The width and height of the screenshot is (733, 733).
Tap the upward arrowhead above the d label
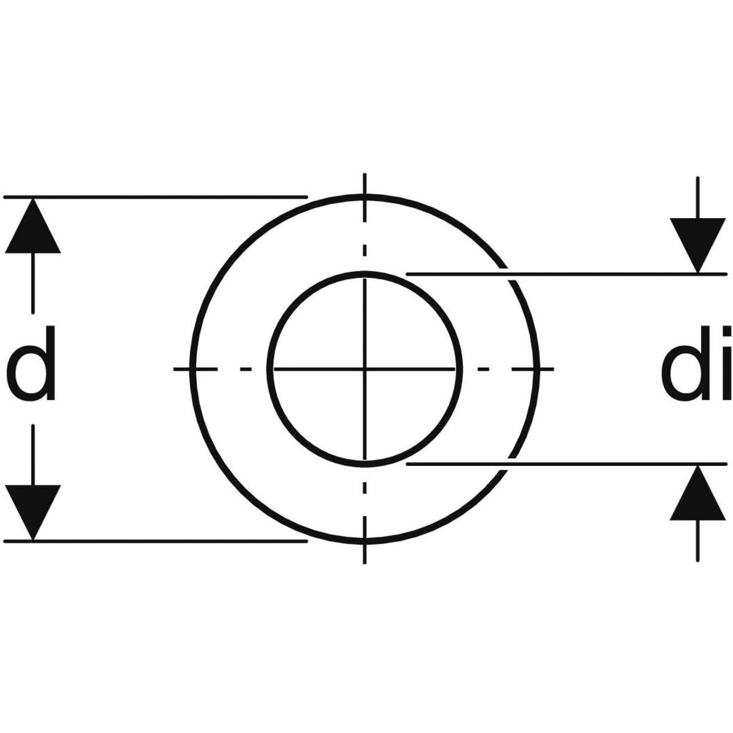click(33, 225)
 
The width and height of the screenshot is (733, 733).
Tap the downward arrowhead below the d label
click(33, 512)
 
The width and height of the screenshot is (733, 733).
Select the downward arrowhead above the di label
click(697, 246)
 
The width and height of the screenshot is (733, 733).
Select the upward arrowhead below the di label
click(697, 492)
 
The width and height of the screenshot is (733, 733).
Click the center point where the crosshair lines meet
click(365, 368)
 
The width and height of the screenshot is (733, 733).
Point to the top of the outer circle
click(365, 196)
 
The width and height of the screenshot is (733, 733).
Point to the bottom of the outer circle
click(365, 541)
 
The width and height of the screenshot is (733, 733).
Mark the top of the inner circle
click(365, 274)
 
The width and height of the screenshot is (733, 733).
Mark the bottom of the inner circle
click(365, 464)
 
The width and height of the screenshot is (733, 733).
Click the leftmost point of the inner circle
click(270, 368)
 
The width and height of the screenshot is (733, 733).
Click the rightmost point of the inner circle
click(460, 368)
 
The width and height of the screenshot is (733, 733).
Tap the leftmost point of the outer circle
click(192, 368)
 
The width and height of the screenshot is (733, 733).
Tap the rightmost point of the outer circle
click(537, 368)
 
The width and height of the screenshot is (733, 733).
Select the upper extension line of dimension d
click(155, 197)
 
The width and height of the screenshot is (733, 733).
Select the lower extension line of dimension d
click(155, 541)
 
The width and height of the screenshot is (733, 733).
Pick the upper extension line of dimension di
click(566, 274)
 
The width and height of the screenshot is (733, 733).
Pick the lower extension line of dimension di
click(566, 464)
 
